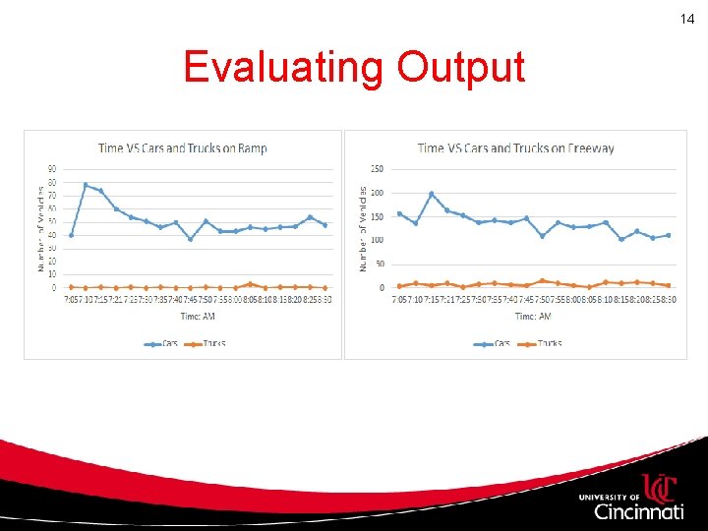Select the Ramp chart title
[182, 148]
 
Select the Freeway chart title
[515, 148]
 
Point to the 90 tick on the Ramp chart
[53, 168]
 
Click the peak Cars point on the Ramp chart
[86, 185]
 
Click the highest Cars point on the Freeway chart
[431, 194]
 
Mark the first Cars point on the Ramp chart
[71, 235]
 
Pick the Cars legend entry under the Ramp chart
[163, 343]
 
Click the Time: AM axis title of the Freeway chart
[532, 316]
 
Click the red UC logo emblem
[661, 489]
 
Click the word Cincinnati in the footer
[639, 511]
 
